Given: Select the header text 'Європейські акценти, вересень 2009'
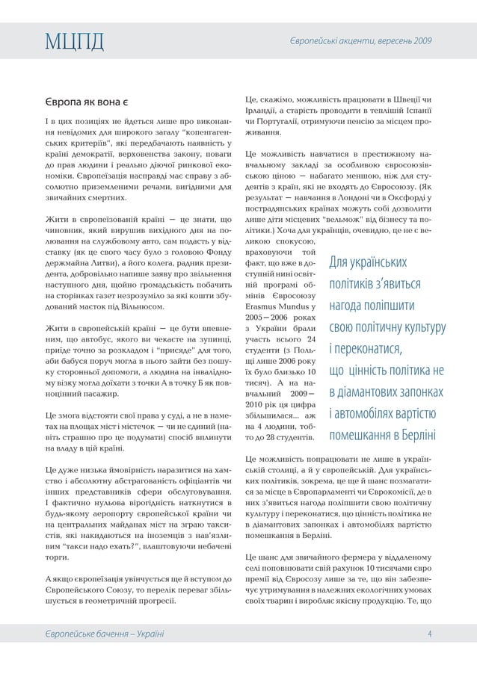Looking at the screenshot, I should click(x=360, y=38).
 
